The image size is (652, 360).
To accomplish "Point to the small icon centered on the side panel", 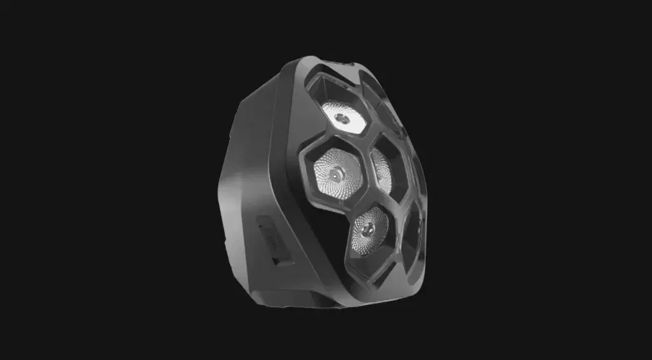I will [x=269, y=241].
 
